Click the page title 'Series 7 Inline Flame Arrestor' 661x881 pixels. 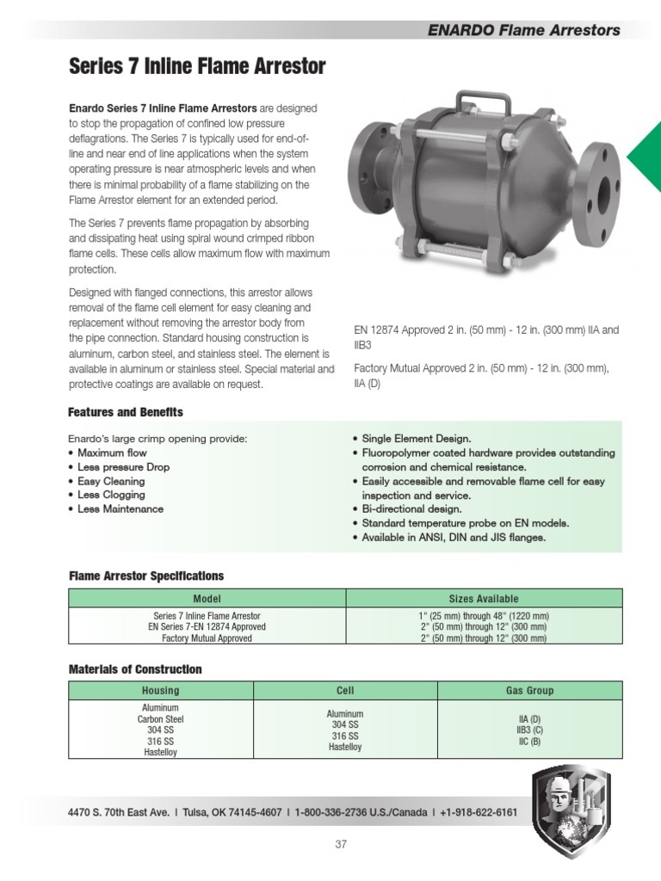197,66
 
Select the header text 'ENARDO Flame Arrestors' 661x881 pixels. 523,30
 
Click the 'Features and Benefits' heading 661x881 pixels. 126,412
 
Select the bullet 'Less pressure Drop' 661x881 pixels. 123,467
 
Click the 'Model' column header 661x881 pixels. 207,599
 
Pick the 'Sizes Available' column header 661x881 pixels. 484,599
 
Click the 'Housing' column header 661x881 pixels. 160,691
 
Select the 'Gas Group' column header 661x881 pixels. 529,691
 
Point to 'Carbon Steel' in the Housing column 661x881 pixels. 160,719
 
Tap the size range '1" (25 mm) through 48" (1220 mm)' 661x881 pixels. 484,616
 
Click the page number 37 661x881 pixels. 341,845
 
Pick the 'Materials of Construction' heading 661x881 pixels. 135,668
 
